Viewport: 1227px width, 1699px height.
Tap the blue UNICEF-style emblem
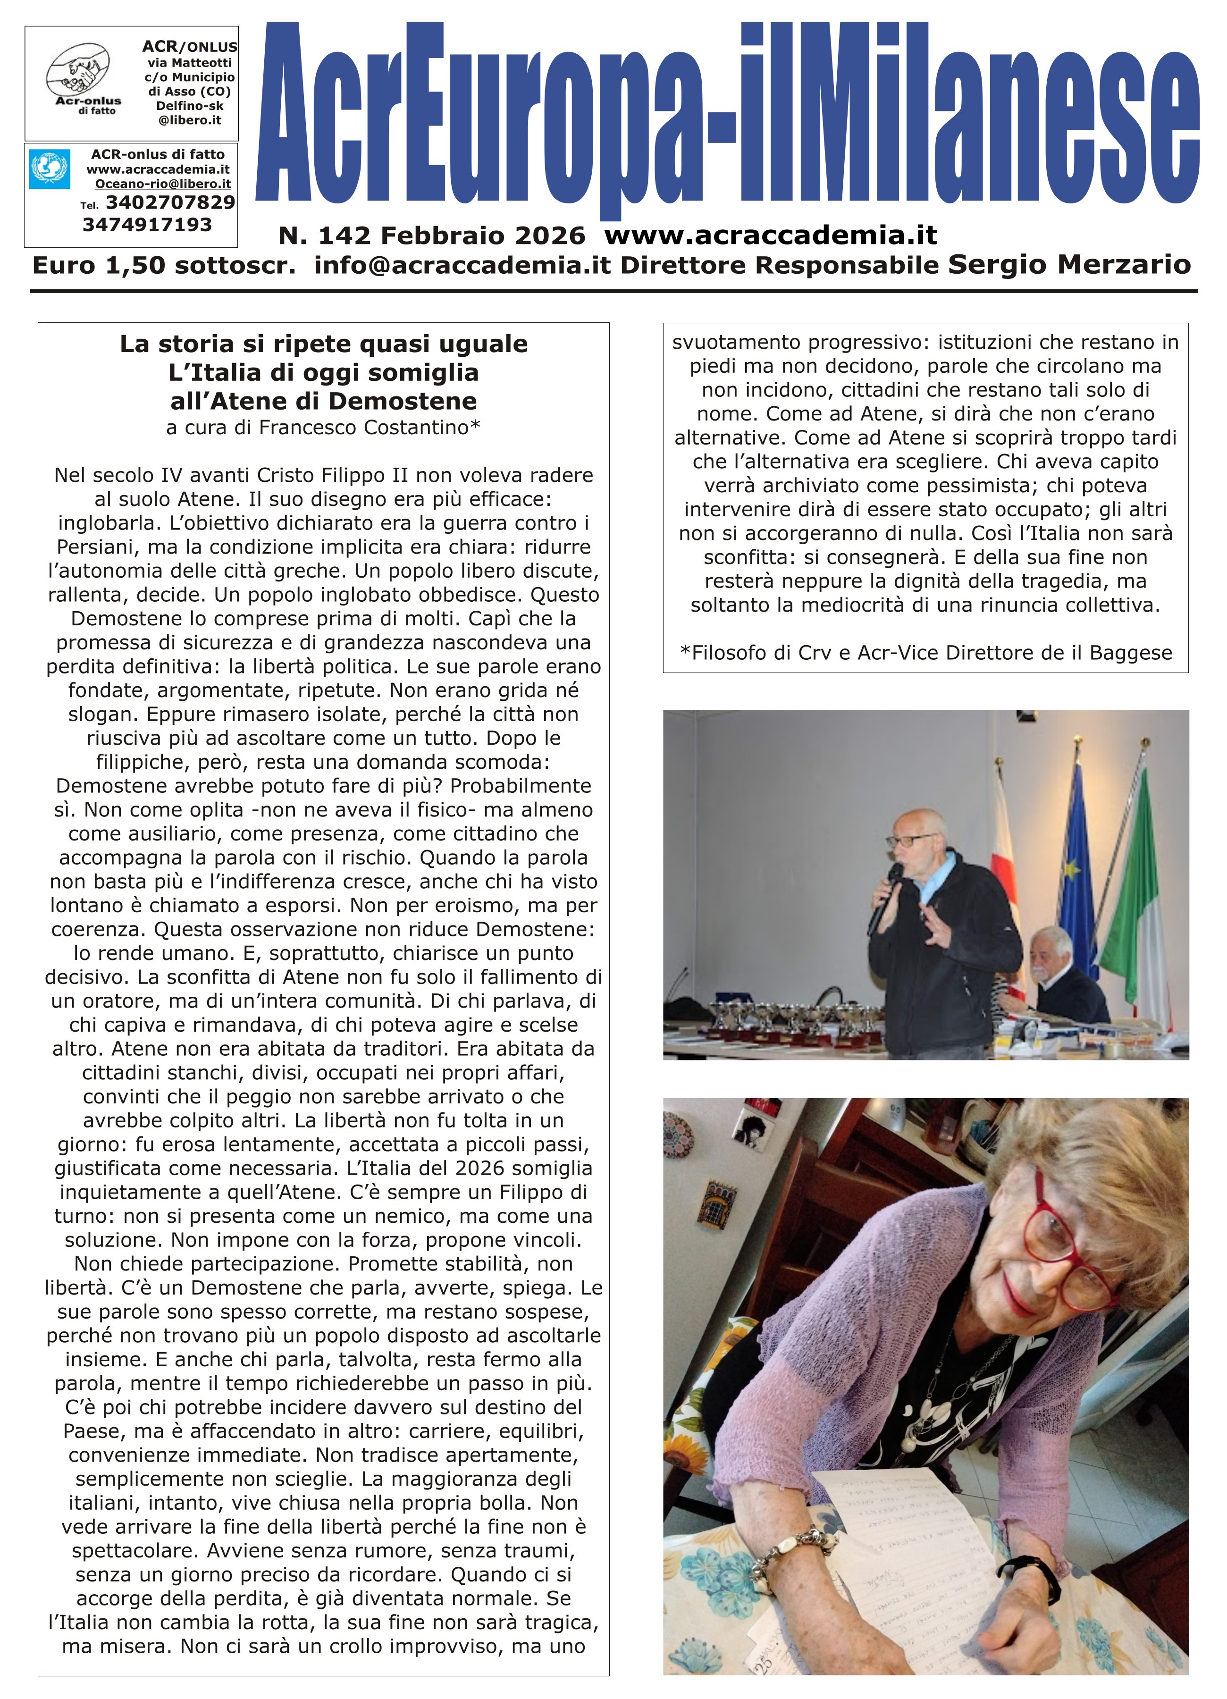click(50, 169)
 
